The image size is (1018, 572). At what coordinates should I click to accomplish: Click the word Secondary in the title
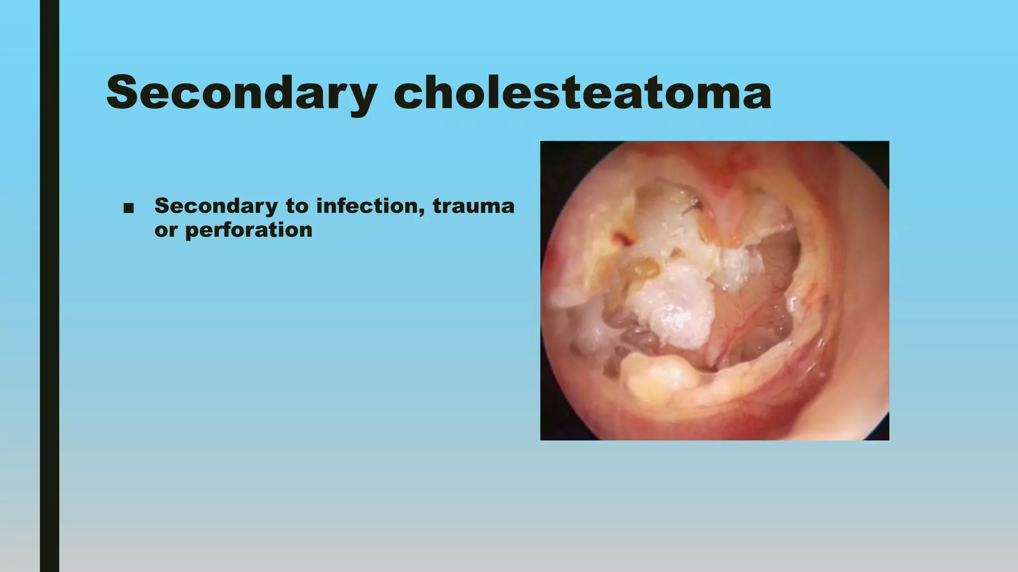tap(242, 93)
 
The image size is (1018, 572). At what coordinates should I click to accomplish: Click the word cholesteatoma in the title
tap(583, 93)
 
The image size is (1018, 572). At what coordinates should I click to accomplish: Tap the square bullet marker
tap(129, 208)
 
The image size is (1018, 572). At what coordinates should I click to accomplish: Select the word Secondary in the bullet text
tap(216, 206)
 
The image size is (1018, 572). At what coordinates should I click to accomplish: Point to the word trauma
tap(473, 206)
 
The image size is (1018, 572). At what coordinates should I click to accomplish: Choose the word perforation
tap(249, 230)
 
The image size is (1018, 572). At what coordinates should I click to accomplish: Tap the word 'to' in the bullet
tap(297, 206)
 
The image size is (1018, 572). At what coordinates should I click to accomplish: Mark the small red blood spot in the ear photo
tap(622, 238)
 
